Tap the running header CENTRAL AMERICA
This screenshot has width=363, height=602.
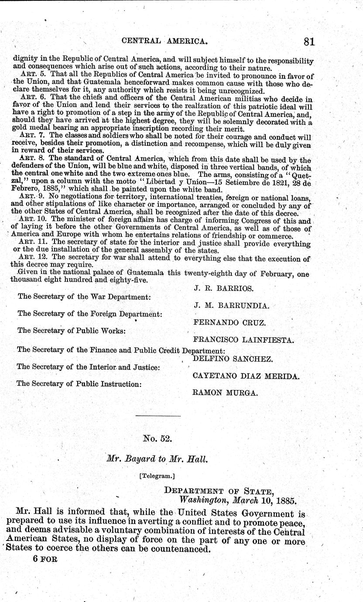click(164, 41)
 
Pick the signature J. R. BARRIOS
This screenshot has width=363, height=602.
click(223, 288)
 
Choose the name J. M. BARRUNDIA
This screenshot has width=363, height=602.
click(231, 306)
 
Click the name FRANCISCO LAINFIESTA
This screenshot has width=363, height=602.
click(243, 340)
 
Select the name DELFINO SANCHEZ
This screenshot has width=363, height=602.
click(233, 359)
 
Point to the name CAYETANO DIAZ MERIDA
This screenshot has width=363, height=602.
click(246, 376)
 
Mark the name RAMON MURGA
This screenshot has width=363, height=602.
click(225, 393)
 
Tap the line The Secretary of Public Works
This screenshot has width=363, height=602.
click(72, 331)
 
